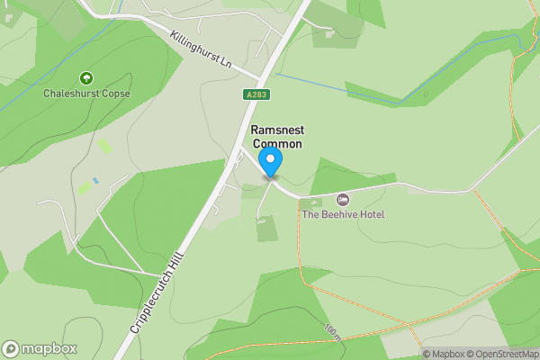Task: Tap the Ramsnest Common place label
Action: (x=276, y=137)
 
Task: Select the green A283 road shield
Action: (x=256, y=94)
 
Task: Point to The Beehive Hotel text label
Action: (x=343, y=214)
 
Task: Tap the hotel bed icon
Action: (x=342, y=199)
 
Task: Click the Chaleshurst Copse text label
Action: (x=86, y=93)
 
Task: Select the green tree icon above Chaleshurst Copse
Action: (x=86, y=78)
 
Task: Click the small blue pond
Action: (x=94, y=182)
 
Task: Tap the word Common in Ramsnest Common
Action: (x=276, y=144)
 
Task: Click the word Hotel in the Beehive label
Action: (x=369, y=214)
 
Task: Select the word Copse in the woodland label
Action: (x=115, y=93)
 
